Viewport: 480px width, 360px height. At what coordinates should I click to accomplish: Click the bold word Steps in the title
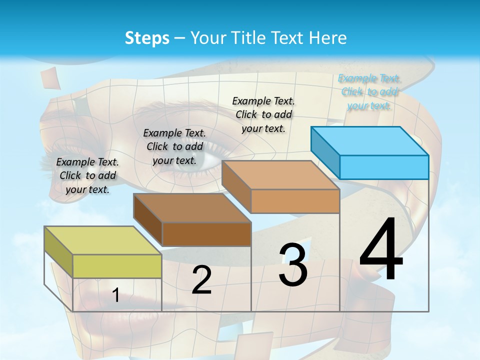(147, 38)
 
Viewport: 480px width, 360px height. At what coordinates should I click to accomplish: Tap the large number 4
(381, 250)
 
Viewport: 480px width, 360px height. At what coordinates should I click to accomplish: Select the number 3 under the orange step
(293, 265)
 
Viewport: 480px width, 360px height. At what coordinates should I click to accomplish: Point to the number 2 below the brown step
(201, 280)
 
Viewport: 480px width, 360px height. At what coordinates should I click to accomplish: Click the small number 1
(115, 295)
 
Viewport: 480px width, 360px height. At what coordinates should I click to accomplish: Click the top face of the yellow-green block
(102, 240)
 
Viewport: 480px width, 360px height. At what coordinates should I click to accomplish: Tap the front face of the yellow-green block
(117, 266)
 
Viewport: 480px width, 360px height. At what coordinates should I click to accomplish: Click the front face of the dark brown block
(206, 234)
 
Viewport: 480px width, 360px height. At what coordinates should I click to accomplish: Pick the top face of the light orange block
(280, 175)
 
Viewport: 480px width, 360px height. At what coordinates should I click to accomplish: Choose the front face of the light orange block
(295, 201)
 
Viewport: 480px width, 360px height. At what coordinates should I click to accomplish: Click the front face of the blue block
(384, 167)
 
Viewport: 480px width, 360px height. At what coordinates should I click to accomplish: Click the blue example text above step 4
(369, 92)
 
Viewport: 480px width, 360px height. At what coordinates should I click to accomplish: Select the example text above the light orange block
(263, 114)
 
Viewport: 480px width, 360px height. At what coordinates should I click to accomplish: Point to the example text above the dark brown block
(174, 146)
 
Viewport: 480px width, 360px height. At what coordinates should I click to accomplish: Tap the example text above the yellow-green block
(87, 175)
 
